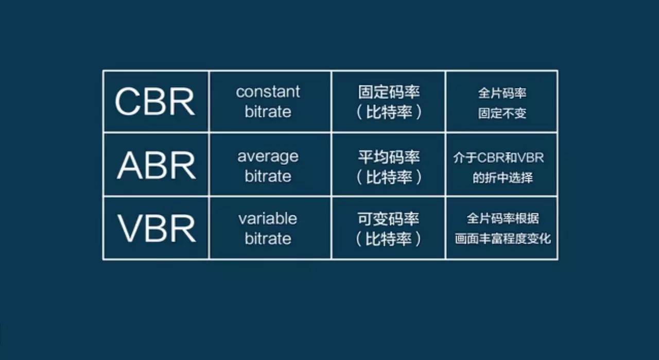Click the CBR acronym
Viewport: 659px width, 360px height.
point(155,101)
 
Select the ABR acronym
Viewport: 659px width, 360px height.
point(156,165)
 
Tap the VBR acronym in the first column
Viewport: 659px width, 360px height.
point(157,229)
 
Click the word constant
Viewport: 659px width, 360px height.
point(268,92)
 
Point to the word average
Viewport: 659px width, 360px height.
point(268,156)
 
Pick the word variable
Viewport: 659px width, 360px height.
point(268,218)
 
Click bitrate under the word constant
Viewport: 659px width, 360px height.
point(268,112)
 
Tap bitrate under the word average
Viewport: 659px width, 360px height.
point(268,176)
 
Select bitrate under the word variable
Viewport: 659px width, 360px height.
point(268,238)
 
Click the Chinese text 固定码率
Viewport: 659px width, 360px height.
point(389,93)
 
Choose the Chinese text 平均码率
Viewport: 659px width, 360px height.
point(389,157)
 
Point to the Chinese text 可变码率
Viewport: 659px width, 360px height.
point(389,219)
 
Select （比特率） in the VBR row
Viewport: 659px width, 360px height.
point(389,239)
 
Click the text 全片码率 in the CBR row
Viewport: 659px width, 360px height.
point(502,93)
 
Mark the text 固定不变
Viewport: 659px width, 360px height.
point(502,113)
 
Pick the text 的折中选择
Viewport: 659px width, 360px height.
point(502,178)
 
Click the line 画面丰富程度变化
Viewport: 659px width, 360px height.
point(502,239)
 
